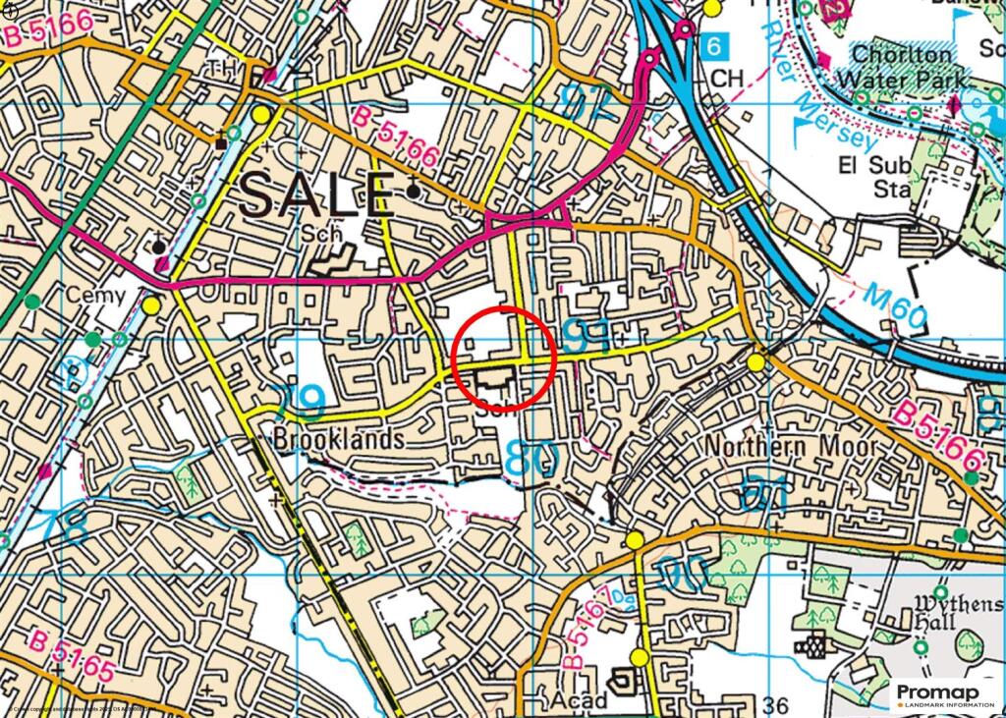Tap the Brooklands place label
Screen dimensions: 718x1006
340,439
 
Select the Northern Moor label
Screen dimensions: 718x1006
791,446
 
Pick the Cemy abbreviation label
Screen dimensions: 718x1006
96,295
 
